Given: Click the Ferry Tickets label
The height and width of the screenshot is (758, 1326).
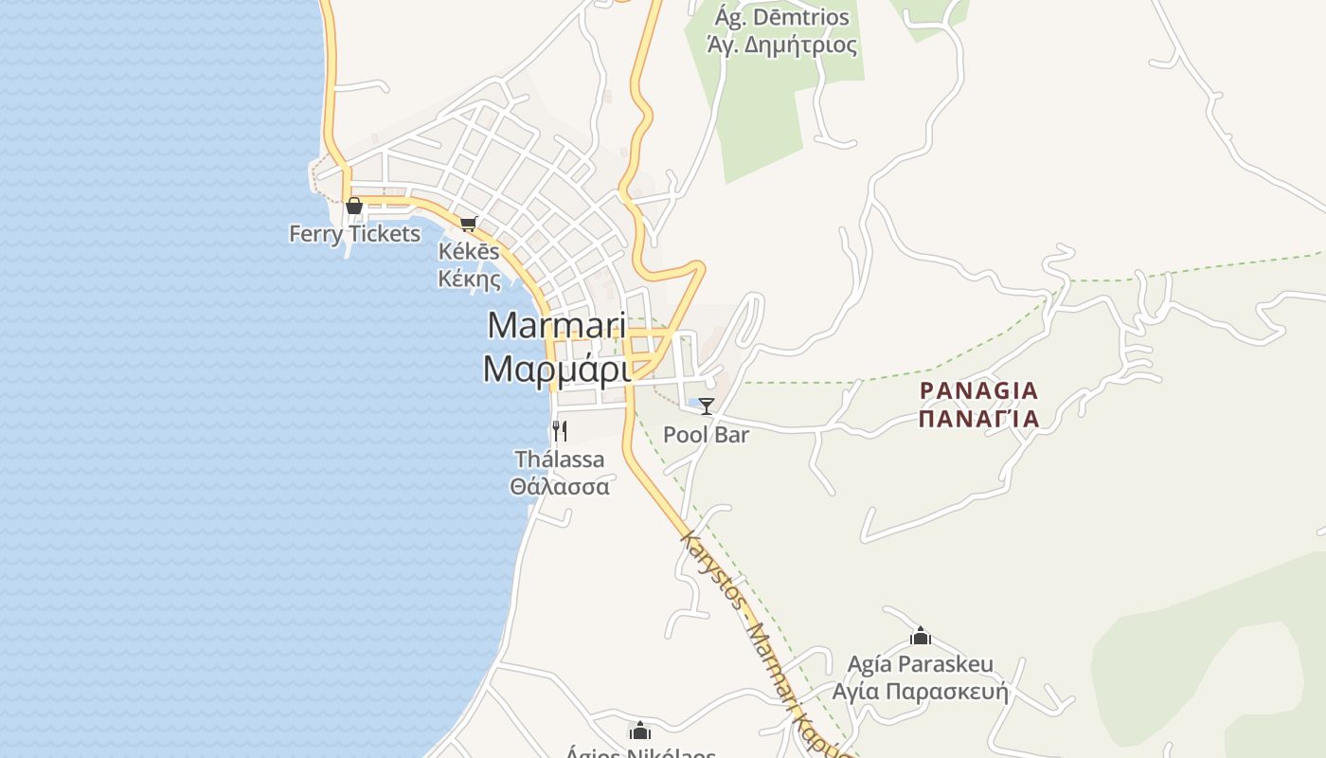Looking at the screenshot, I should (x=354, y=234).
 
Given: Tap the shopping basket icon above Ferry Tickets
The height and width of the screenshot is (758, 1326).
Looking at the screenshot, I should (x=354, y=206).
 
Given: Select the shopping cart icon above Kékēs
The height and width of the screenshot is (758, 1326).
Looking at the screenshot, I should (x=468, y=225).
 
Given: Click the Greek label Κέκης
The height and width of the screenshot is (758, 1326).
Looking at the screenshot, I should (x=469, y=279).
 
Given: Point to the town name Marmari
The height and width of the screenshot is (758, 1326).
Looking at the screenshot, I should (x=557, y=325).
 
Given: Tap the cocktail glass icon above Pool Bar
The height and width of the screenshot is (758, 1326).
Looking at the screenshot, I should (x=707, y=406).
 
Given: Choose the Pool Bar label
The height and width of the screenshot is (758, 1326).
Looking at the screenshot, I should (x=706, y=435).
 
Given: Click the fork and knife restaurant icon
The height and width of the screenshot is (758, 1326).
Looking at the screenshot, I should (x=560, y=431).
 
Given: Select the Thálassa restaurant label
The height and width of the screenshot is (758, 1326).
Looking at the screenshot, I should (x=559, y=460).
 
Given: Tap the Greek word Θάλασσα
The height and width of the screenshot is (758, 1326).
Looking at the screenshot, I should (x=559, y=487).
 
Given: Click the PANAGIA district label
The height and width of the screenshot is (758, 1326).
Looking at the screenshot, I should (x=978, y=390).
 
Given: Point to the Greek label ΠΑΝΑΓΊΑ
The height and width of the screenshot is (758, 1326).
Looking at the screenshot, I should (x=978, y=418).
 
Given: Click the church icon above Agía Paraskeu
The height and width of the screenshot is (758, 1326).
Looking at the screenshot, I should (x=920, y=636).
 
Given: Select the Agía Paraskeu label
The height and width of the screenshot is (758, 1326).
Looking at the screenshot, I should (x=920, y=664).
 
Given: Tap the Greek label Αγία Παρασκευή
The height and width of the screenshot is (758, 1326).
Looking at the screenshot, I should (x=920, y=692).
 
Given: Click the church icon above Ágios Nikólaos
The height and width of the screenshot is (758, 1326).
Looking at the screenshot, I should (x=640, y=731).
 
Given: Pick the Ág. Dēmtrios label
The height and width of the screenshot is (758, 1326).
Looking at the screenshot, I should (x=782, y=18).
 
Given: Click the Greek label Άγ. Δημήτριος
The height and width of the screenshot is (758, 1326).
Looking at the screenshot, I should (x=782, y=45).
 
